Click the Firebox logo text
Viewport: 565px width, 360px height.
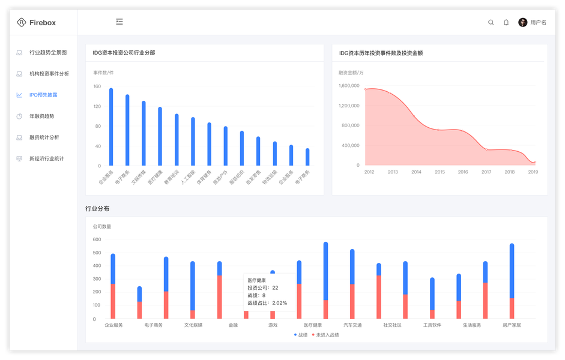[x=42, y=22]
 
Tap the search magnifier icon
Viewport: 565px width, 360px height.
[x=491, y=22]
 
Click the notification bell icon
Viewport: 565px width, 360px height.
[x=506, y=22]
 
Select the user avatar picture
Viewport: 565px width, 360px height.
[x=523, y=22]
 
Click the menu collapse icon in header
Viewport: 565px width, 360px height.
[x=119, y=22]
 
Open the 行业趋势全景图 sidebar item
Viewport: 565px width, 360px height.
[x=48, y=52]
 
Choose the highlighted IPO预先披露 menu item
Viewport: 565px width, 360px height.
[x=43, y=95]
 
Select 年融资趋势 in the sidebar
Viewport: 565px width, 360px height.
[x=41, y=116]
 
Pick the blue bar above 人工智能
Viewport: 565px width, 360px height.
[x=193, y=141]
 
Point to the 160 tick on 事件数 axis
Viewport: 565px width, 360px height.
[x=97, y=86]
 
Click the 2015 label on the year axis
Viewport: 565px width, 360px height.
[x=440, y=172]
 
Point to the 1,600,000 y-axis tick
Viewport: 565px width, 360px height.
[x=349, y=86]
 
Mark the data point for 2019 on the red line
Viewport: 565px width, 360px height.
[x=534, y=162]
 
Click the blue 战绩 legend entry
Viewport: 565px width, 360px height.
[x=301, y=335]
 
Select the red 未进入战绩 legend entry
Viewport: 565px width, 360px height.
[x=325, y=335]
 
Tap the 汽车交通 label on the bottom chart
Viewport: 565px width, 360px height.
[x=352, y=325]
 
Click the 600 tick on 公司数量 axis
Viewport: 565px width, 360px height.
[x=97, y=239]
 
